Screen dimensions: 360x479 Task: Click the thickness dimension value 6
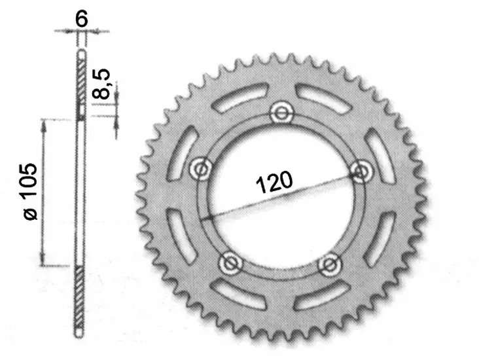pos(81,19)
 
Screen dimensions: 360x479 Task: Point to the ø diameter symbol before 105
pos(30,214)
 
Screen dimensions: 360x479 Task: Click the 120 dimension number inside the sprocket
pos(273,183)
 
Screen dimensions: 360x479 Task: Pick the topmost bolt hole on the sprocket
pos(282,112)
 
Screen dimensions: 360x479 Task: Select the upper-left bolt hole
pos(200,169)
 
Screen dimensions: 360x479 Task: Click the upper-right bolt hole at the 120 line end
pos(360,171)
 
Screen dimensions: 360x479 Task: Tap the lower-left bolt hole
pos(230,263)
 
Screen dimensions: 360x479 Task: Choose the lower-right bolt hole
pos(328,264)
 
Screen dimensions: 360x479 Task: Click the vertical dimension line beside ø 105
pos(44,193)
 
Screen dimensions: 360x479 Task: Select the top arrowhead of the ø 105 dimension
pos(44,124)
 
